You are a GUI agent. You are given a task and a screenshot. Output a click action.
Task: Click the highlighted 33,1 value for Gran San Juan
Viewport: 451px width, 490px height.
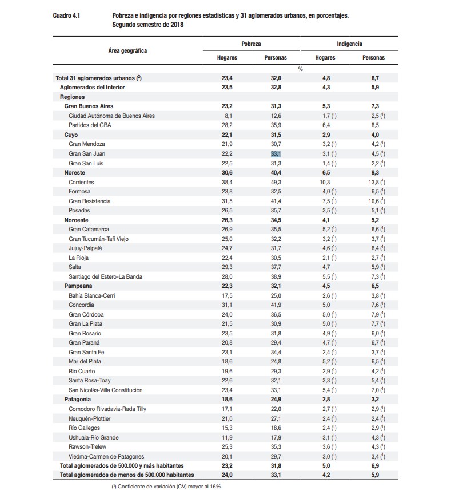[276, 153]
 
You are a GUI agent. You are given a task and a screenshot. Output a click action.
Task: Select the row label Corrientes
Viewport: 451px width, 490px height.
[81, 182]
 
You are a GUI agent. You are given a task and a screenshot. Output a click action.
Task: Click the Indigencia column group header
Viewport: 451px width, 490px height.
[349, 44]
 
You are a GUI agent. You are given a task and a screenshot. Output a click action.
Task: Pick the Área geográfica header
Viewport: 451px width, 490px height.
[127, 50]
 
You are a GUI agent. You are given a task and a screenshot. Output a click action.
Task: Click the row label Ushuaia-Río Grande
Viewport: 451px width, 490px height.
[94, 437]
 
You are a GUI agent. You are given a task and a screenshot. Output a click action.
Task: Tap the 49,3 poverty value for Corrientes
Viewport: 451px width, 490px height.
[276, 182]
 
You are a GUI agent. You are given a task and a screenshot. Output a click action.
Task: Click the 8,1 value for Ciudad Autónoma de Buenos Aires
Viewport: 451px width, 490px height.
[227, 116]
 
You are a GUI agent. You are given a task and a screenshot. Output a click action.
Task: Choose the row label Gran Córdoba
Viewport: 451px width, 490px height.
[86, 314]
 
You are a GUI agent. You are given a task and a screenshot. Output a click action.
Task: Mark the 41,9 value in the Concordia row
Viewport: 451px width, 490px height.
[276, 305]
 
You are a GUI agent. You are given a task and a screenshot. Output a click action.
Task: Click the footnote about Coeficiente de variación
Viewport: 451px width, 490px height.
[167, 486]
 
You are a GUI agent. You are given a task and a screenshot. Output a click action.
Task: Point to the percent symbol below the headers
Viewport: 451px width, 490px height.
[300, 68]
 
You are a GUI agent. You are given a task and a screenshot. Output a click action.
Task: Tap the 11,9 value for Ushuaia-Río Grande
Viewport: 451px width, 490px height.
[227, 437]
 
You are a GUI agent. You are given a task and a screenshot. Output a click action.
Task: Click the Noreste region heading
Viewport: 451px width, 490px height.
[75, 172]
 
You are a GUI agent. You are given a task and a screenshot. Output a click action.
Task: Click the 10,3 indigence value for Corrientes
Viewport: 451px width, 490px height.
[325, 182]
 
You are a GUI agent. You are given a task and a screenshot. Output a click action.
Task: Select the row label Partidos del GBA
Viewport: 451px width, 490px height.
[90, 125]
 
